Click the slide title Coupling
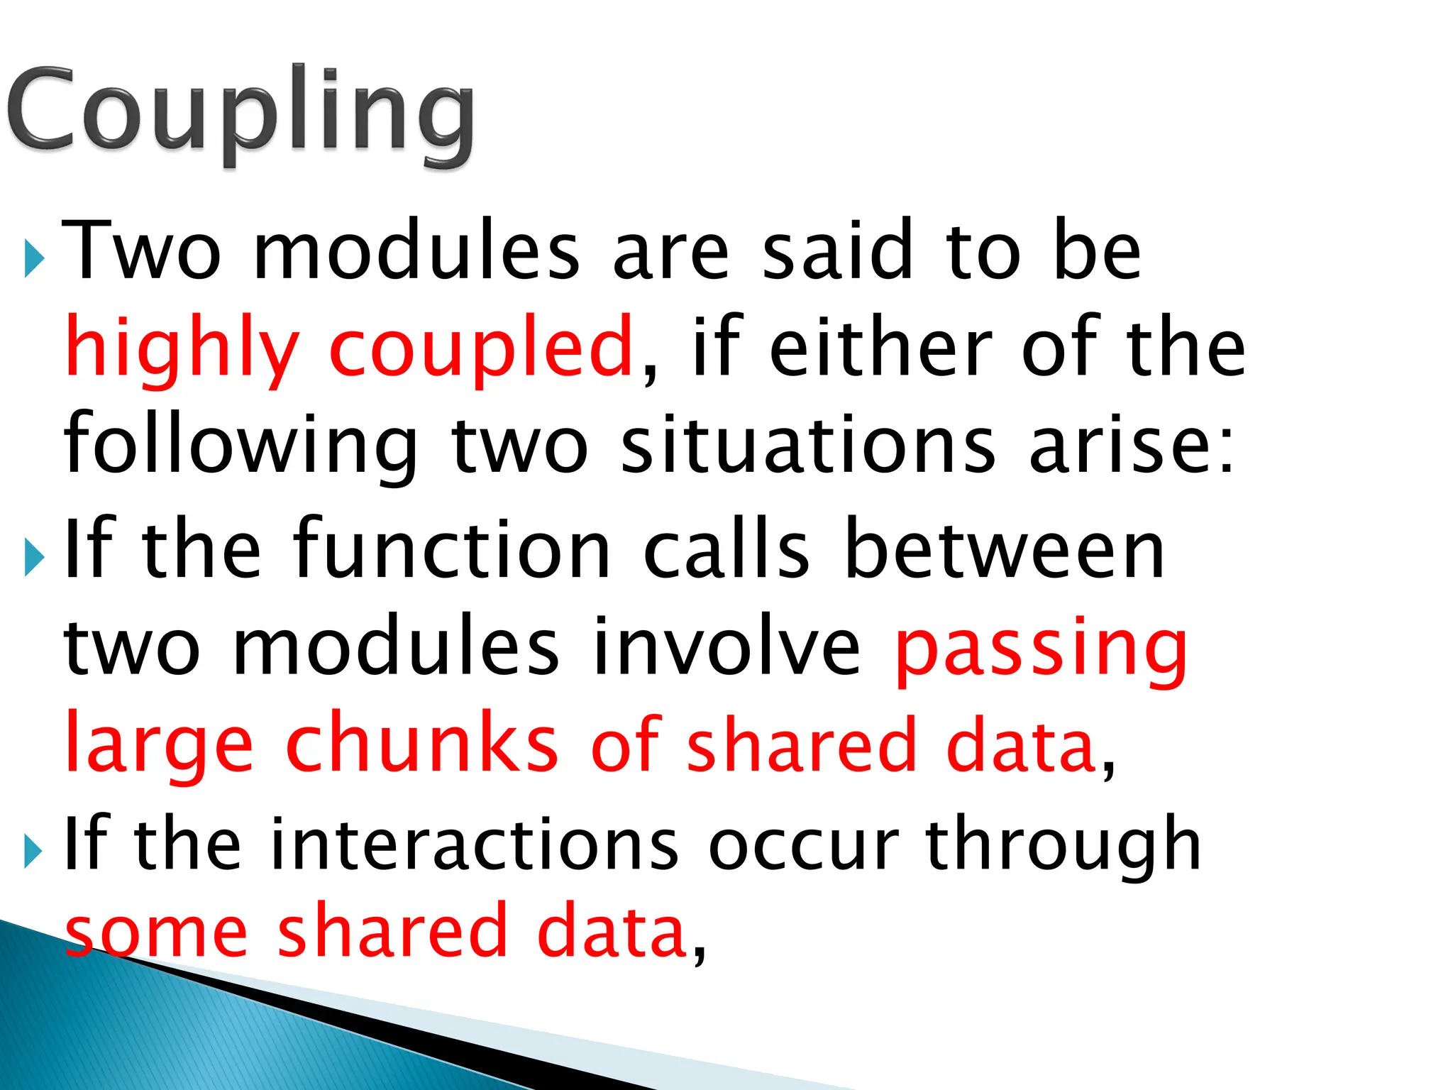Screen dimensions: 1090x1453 (241, 114)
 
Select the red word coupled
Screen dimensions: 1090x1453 (481, 348)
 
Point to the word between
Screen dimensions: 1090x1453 (1005, 550)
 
